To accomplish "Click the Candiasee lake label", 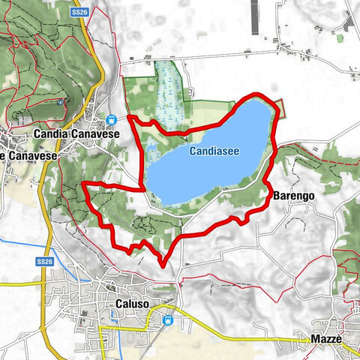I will (214, 151).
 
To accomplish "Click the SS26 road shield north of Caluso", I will (46, 261).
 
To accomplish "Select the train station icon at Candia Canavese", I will (111, 119).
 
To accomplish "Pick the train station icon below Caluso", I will (167, 320).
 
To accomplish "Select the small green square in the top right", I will (339, 37).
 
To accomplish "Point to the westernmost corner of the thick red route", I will (82, 184).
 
